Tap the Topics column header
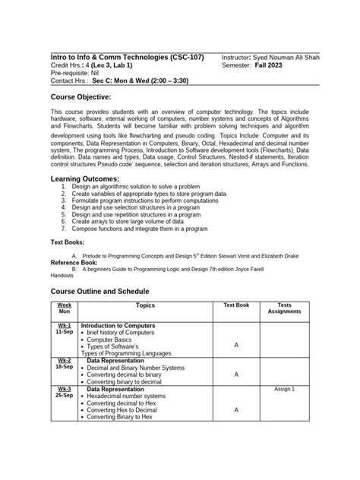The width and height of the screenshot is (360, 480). [x=145, y=306]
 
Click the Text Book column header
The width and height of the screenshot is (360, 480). [x=235, y=306]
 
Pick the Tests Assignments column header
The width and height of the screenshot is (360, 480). [x=284, y=308]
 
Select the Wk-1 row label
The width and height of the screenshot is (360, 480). [x=64, y=325]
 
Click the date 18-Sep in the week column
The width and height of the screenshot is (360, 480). [x=64, y=367]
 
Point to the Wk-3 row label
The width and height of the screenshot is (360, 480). [x=64, y=389]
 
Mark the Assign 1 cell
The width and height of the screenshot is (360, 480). [x=284, y=389]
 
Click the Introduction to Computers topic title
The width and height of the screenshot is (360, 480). [x=118, y=325]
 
